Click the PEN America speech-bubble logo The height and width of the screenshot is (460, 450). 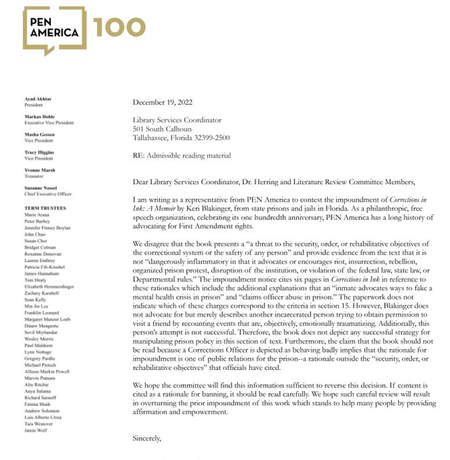click(x=54, y=30)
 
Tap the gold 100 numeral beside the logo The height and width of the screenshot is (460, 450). click(x=119, y=27)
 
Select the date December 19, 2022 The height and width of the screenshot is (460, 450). click(x=163, y=103)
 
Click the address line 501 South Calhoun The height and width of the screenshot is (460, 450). click(x=162, y=129)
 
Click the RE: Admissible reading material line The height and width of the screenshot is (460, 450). click(x=182, y=156)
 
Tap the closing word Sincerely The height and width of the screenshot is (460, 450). click(x=146, y=438)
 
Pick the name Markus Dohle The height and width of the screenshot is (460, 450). click(x=39, y=117)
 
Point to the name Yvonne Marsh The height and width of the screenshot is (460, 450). click(x=39, y=170)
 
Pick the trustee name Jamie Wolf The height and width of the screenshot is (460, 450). click(x=36, y=429)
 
